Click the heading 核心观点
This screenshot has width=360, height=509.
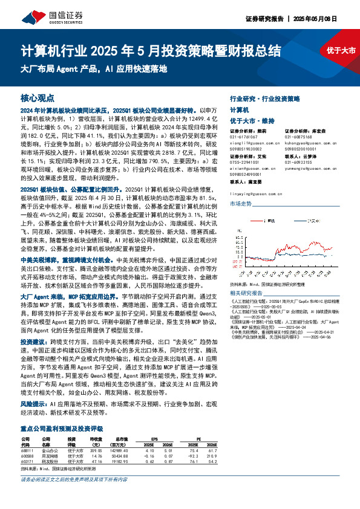pos(38,97)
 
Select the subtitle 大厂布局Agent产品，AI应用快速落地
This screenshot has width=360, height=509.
pos(94,68)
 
